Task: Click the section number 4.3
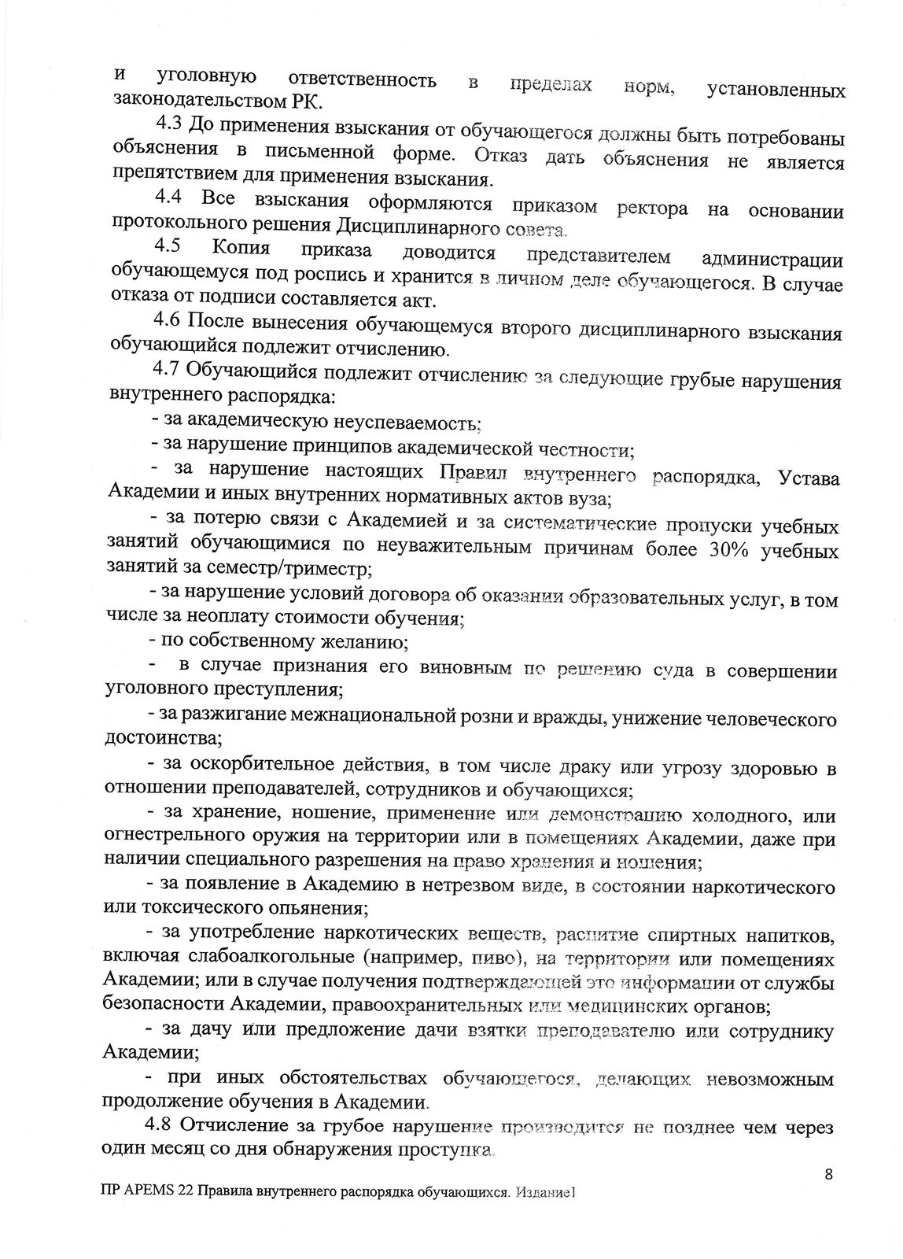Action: pos(168,125)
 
